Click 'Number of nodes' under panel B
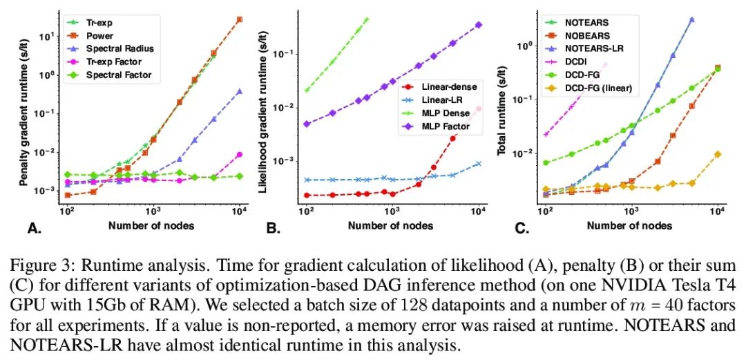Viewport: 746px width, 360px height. pos(390,225)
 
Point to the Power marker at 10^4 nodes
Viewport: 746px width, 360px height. pos(239,19)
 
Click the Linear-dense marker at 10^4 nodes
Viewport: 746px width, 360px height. pos(479,108)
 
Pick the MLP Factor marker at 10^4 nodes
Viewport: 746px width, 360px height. pos(479,25)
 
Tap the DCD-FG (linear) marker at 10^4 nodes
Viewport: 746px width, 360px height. pos(718,154)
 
